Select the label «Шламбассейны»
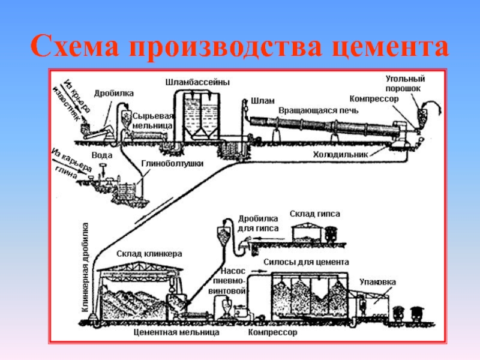(197, 82)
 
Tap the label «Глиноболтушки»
(173, 163)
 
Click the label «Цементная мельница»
(168, 331)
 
